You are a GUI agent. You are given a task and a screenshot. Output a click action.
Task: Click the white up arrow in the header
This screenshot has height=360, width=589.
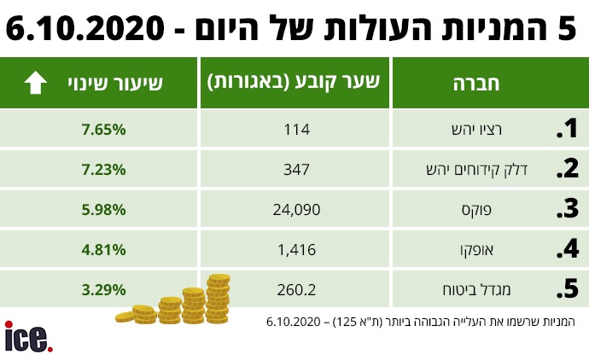tap(35, 83)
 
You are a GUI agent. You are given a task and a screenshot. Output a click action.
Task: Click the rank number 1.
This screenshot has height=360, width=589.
tap(567, 130)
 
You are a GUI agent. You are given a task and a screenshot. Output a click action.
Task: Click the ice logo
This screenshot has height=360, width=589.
tap(27, 336)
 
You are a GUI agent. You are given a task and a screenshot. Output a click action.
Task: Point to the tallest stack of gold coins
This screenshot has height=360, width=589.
tap(218, 293)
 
